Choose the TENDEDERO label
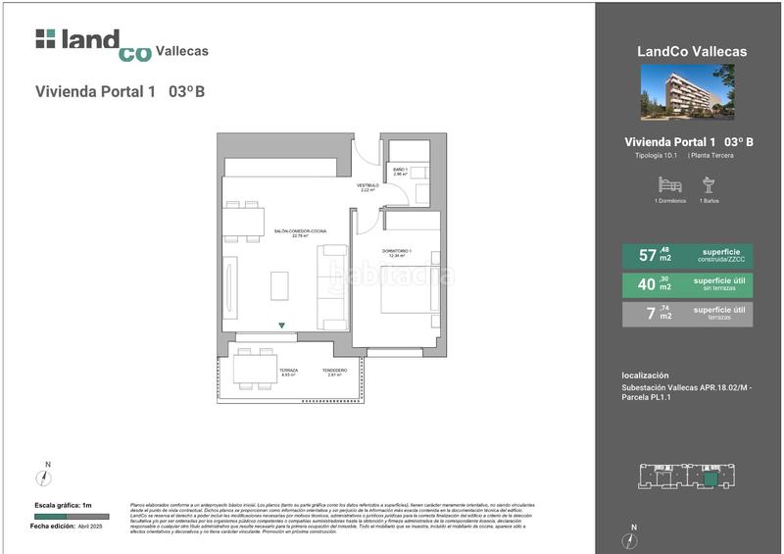coord(335,372)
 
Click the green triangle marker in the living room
coord(281,325)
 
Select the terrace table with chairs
coord(255,370)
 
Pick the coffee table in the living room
coord(280,285)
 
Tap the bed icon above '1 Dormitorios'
coord(670,185)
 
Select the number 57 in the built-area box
coord(648,256)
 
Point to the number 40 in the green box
coord(648,284)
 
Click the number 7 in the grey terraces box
coord(651,314)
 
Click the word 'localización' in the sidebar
coord(645,375)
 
